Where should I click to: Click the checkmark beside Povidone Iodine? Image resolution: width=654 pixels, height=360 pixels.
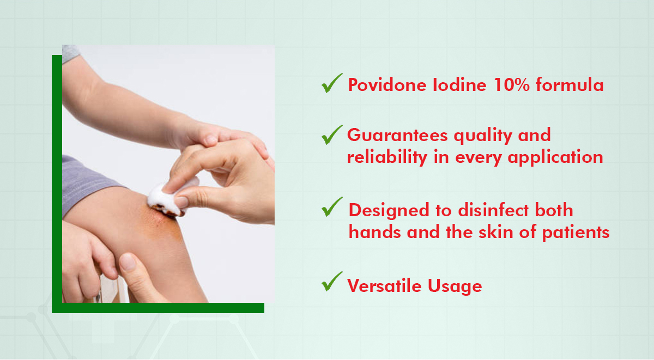pyautogui.click(x=332, y=84)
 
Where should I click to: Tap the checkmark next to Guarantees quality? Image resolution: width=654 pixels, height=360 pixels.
pyautogui.click(x=332, y=135)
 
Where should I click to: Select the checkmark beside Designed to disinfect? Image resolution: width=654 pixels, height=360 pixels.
pyautogui.click(x=332, y=207)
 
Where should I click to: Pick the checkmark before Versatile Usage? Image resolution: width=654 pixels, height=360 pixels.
pyautogui.click(x=332, y=282)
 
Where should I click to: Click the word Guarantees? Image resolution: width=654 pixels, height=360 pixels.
pyautogui.click(x=397, y=136)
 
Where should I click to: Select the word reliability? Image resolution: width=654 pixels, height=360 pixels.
pyautogui.click(x=387, y=157)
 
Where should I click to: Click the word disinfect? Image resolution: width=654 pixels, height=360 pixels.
pyautogui.click(x=493, y=210)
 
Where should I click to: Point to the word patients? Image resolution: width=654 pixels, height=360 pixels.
pyautogui.click(x=576, y=233)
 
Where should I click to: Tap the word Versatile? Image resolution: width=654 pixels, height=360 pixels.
pyautogui.click(x=384, y=285)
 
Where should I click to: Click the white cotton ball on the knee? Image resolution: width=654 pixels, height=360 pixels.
pyautogui.click(x=169, y=197)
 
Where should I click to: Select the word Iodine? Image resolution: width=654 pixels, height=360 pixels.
pyautogui.click(x=459, y=85)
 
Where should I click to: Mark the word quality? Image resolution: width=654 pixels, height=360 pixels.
pyautogui.click(x=482, y=136)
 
